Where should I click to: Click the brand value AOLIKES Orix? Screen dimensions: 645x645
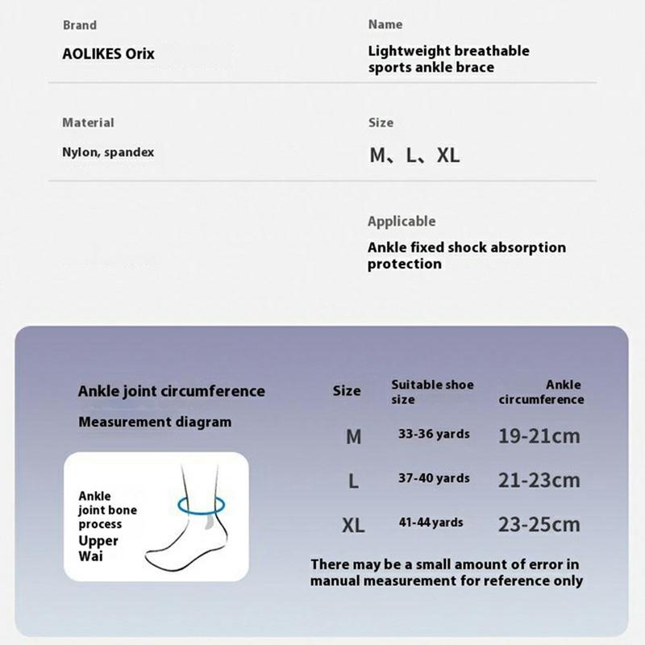(108, 54)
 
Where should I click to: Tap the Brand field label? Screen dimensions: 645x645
(80, 25)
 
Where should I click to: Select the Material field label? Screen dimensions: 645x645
(88, 123)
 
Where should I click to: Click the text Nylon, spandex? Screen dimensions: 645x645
(108, 152)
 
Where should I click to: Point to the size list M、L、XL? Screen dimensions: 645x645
(414, 155)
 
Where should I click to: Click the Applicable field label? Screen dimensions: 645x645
(402, 221)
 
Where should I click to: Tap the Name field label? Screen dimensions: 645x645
(385, 25)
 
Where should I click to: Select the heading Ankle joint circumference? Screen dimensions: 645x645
(171, 391)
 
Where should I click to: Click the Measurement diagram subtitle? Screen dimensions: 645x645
(155, 422)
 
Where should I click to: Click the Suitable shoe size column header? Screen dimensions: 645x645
(432, 392)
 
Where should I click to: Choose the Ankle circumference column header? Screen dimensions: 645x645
(541, 392)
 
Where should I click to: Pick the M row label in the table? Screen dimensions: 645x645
(353, 437)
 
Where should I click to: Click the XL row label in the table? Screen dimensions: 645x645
(353, 526)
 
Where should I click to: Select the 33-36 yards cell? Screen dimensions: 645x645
(434, 434)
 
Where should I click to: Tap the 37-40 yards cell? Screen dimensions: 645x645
(434, 478)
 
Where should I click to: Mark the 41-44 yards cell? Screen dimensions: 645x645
(431, 522)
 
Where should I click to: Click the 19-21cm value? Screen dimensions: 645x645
(539, 436)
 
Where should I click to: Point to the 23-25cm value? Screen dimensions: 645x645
(539, 525)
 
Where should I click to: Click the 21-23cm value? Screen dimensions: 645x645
(539, 481)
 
